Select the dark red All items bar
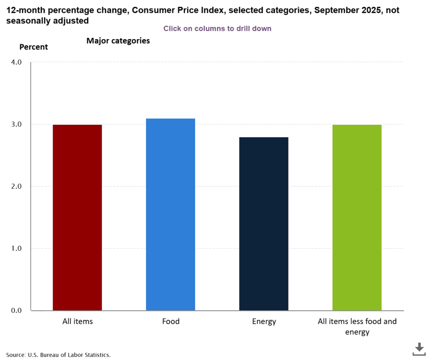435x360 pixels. (x=77, y=217)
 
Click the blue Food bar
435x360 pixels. (x=170, y=214)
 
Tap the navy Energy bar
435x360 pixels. (x=264, y=224)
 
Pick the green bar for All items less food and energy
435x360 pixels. (x=357, y=217)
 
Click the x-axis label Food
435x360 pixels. (x=171, y=321)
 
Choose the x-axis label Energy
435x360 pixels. (x=264, y=321)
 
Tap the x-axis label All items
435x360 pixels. (x=77, y=321)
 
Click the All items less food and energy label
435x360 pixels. (x=357, y=326)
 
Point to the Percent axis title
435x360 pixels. (x=34, y=47)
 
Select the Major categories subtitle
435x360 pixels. (x=118, y=41)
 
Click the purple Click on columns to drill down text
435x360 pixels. (x=217, y=28)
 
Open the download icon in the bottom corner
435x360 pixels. (x=419, y=349)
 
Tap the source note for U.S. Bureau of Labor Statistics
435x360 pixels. (x=59, y=354)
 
